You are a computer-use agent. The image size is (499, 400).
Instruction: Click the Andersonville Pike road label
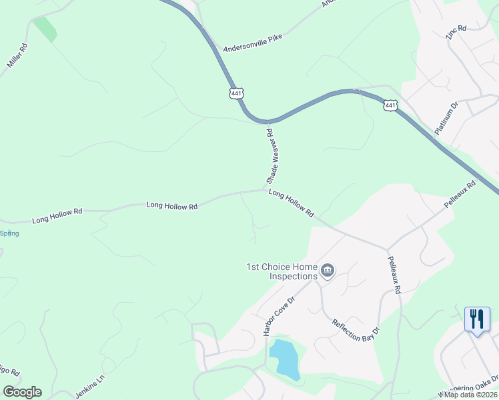pyautogui.click(x=253, y=43)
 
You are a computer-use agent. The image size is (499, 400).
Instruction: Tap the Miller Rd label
pyautogui.click(x=18, y=57)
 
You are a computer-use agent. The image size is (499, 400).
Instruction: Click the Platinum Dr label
pyautogui.click(x=446, y=119)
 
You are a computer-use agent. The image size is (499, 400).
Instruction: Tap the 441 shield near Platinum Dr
pyautogui.click(x=390, y=105)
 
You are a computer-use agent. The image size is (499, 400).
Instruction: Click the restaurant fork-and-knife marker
pyautogui.click(x=476, y=319)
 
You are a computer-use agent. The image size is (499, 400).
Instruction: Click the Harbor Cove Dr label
pyautogui.click(x=279, y=316)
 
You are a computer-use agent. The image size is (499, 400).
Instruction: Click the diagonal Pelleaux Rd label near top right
pyautogui.click(x=460, y=194)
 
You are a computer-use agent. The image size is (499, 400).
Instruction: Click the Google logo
pyautogui.click(x=22, y=392)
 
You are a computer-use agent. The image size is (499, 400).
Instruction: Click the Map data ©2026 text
pyautogui.click(x=470, y=395)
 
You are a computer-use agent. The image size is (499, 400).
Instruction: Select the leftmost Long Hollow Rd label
pyautogui.click(x=57, y=215)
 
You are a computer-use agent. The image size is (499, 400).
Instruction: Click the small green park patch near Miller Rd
pyautogui.click(x=45, y=29)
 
